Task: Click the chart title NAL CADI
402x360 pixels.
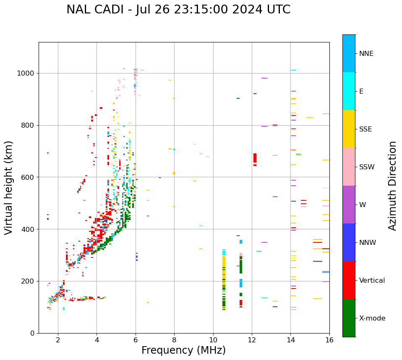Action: coord(178,10)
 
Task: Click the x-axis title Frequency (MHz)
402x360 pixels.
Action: coord(183,350)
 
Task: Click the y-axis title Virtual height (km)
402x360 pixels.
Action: coord(9,187)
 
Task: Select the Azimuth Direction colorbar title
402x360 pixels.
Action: coord(392,185)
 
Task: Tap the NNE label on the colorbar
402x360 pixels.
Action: coord(366,54)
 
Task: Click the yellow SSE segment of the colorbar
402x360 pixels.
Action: coord(349,129)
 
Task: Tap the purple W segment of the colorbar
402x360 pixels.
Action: coord(349,205)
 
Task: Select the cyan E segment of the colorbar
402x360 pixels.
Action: coord(349,91)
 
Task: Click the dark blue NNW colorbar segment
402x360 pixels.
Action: coord(349,242)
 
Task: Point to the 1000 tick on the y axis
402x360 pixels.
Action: coord(27,74)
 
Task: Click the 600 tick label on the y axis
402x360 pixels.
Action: coord(29,177)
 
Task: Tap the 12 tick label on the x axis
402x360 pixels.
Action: coord(252,339)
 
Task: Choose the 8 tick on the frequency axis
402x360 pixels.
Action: coord(174,339)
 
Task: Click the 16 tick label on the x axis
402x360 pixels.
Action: coord(329,339)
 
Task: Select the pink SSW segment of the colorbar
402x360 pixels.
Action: coord(349,167)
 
